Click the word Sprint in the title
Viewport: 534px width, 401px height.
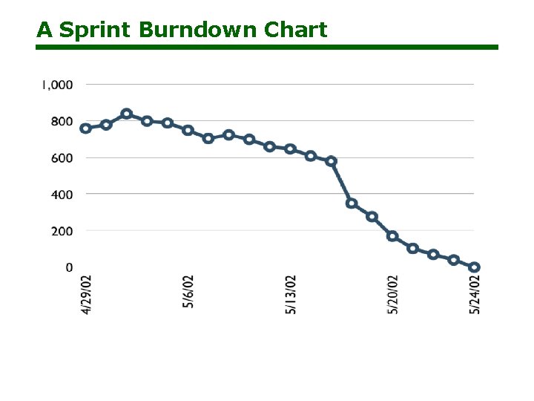click(x=95, y=30)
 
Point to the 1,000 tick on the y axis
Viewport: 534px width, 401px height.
click(x=57, y=85)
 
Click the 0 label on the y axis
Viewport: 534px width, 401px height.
click(x=69, y=267)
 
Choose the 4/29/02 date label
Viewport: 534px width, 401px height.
click(x=87, y=295)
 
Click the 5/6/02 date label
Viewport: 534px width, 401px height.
click(x=188, y=292)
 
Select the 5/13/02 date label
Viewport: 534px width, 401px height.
click(x=291, y=295)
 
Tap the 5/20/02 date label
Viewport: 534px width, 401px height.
click(x=393, y=295)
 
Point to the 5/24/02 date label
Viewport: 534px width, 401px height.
click(x=475, y=295)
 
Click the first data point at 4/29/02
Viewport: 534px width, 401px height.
click(x=86, y=128)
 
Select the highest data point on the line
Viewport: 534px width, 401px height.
click(x=127, y=114)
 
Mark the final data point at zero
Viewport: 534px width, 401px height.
click(x=475, y=267)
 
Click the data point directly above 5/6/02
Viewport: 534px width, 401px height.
click(x=188, y=130)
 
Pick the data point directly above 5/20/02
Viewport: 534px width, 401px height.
click(x=392, y=236)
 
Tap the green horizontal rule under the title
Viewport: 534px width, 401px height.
click(x=267, y=47)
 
